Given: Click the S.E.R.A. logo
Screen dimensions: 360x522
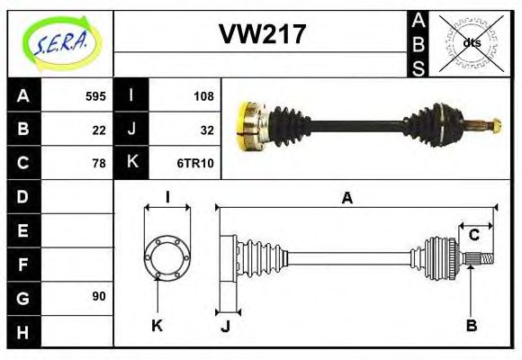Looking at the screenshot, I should pyautogui.click(x=60, y=43).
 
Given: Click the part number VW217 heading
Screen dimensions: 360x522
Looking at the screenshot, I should pyautogui.click(x=263, y=34).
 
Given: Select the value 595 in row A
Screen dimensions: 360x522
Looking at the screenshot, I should pyautogui.click(x=95, y=95).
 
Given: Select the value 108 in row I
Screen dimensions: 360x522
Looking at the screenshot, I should pyautogui.click(x=202, y=95).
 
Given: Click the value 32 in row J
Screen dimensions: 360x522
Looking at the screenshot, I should pyautogui.click(x=206, y=130).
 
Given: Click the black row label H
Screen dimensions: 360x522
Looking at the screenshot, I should pyautogui.click(x=22, y=331).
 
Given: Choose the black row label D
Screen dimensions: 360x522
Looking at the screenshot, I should pyautogui.click(x=22, y=196).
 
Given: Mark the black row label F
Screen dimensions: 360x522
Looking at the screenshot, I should pyautogui.click(x=22, y=264).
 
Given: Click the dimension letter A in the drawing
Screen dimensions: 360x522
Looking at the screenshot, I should pyautogui.click(x=346, y=198).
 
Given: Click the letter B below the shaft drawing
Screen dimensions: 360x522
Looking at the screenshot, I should pyautogui.click(x=471, y=326).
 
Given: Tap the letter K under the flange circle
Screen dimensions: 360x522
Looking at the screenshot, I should pyautogui.click(x=157, y=326).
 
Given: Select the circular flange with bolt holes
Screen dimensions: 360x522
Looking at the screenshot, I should pyautogui.click(x=167, y=257).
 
